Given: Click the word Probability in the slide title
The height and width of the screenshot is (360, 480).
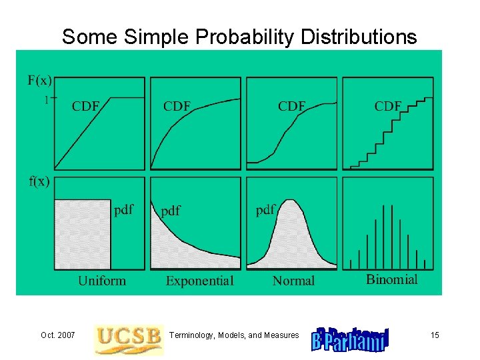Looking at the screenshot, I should pos(244,37).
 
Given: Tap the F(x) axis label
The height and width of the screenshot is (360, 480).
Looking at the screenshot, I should pos(39,81).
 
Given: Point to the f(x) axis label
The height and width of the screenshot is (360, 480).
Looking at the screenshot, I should pos(39,182).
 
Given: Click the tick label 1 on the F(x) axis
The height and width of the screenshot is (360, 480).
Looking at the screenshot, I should pos(47,101).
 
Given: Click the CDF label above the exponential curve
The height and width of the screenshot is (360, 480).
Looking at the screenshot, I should pos(177,107).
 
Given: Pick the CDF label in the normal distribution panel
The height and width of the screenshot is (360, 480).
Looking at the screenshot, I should pos(291,107).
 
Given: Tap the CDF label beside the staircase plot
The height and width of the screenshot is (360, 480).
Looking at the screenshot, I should pos(387,107).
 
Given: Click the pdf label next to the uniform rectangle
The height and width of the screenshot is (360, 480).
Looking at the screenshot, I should pos(124,209).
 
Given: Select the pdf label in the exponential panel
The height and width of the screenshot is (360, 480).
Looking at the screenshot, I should pos(171,211).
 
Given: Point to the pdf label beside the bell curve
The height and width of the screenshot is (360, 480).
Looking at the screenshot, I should pos(265,210).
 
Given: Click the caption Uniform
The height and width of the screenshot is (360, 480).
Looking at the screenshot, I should pos(101,281).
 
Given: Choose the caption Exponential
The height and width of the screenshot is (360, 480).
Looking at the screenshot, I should pos(200,281).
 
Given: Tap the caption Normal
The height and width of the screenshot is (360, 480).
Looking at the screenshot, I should pos(293,281).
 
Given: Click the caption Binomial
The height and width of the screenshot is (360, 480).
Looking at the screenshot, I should pos(392,279).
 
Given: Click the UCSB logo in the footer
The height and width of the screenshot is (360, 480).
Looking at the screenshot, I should pos(128,339).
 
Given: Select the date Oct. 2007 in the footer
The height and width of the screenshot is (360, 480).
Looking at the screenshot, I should pos(57,335).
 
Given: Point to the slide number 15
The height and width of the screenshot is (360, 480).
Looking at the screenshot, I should pos(435,335).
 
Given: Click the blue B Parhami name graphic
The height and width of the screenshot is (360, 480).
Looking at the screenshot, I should pos(350,339).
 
